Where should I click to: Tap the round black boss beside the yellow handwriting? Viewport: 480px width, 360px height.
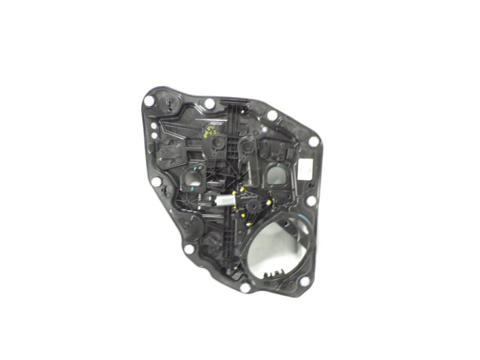click(218, 142)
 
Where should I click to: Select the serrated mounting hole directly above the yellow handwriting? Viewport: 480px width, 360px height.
click(209, 103)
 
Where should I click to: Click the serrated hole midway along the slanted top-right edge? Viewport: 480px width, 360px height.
click(272, 115)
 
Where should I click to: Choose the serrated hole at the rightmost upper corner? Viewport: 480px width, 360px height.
click(314, 142)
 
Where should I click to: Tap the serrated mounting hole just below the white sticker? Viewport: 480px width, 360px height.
click(310, 200)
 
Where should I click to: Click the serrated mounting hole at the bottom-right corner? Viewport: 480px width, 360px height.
click(305, 281)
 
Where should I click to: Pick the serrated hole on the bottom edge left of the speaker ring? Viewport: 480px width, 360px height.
click(245, 287)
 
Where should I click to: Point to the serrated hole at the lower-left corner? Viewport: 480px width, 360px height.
click(189, 249)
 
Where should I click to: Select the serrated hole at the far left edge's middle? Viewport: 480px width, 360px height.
click(156, 181)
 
